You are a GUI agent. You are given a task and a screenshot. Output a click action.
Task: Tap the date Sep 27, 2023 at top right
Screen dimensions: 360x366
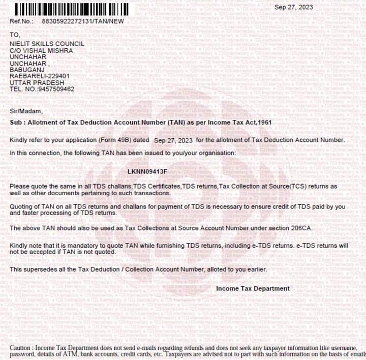tap(294, 7)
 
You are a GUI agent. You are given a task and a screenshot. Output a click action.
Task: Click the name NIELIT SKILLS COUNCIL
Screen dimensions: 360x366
tap(47, 44)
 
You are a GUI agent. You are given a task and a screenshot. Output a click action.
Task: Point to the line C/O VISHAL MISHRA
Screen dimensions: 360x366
tap(41, 51)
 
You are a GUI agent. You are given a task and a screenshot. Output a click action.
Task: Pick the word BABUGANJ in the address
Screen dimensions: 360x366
tap(26, 70)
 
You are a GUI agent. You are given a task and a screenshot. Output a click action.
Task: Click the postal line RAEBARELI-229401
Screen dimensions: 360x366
tap(40, 76)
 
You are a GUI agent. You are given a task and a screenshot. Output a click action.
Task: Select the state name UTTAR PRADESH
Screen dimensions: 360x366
tap(37, 82)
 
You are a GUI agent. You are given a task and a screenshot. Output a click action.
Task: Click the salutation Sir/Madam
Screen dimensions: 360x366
tap(26, 111)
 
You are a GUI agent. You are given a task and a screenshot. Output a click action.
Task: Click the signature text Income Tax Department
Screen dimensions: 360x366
tap(253, 288)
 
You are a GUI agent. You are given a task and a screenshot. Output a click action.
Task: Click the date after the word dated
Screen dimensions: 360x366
tap(173, 140)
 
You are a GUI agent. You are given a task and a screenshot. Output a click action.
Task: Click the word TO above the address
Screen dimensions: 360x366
tap(14, 35)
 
